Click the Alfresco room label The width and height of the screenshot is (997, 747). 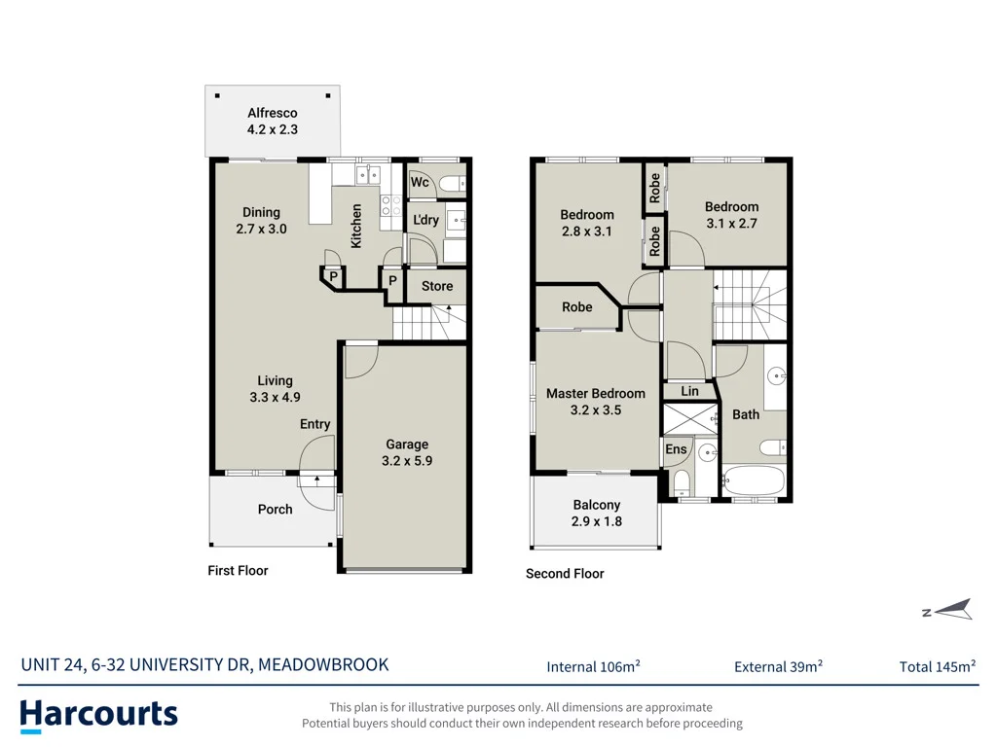tap(273, 113)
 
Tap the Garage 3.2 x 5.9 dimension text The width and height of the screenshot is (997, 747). tap(407, 461)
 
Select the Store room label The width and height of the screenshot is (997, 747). tap(437, 287)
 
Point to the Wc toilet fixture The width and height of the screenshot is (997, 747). tap(453, 184)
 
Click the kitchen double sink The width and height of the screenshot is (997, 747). tap(368, 174)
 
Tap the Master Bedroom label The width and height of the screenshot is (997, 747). tap(596, 394)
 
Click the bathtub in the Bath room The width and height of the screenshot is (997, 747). tap(754, 480)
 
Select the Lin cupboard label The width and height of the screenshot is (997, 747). tap(690, 391)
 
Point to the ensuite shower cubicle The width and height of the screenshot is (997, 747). tap(690, 418)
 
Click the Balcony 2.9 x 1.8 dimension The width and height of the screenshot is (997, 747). tap(597, 521)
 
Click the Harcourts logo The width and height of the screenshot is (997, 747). tap(98, 716)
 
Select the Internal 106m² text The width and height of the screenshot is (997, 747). tap(593, 666)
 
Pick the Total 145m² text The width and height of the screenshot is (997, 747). tap(938, 666)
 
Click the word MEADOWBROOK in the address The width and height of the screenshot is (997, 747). tap(323, 665)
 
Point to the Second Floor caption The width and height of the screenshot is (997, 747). tap(565, 574)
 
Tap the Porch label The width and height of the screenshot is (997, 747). tap(276, 510)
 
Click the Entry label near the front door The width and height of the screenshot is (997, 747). tap(314, 424)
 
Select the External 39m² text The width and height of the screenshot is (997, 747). tap(778, 666)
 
